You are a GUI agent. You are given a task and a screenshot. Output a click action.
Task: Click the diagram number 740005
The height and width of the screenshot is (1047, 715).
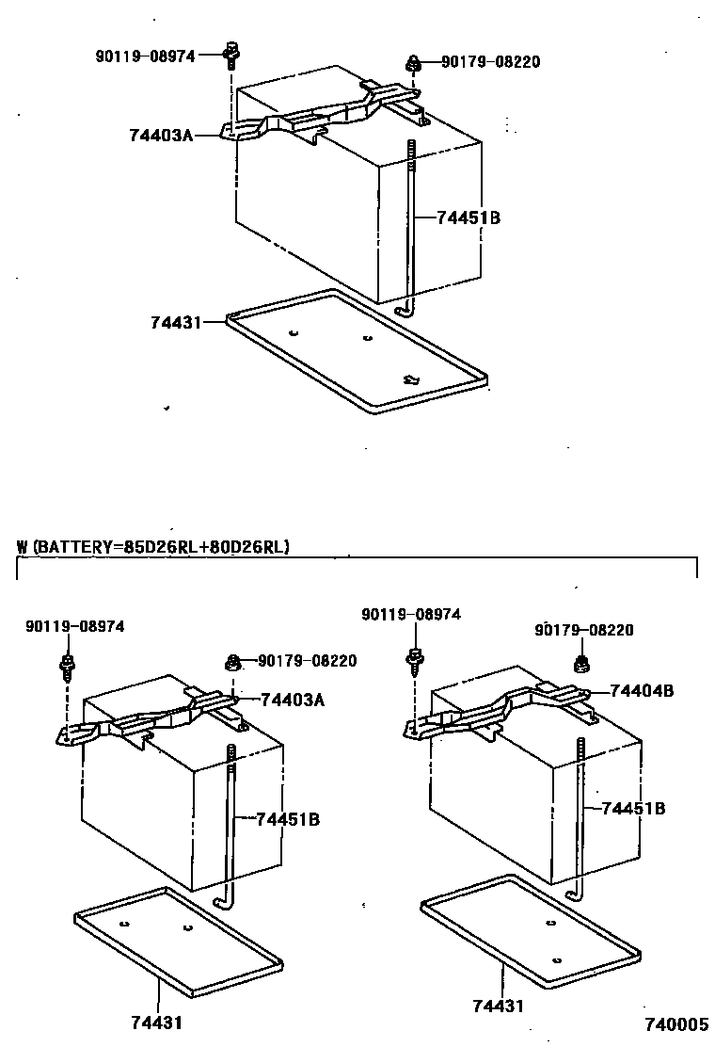(675, 1024)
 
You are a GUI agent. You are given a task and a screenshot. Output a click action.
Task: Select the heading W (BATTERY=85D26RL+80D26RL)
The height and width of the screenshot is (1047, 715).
(153, 546)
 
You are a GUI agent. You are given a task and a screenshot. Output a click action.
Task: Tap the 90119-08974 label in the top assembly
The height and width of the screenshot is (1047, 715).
(145, 56)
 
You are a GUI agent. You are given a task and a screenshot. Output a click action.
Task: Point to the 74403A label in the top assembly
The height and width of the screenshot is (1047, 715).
(161, 136)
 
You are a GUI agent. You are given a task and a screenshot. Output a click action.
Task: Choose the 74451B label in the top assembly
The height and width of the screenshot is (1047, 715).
(469, 218)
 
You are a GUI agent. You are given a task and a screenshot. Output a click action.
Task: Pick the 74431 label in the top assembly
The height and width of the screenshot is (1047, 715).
(176, 322)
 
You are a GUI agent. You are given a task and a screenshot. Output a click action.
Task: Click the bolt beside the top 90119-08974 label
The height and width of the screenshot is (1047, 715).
(229, 56)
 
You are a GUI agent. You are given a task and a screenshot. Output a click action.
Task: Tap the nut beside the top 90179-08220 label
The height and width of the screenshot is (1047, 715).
(413, 64)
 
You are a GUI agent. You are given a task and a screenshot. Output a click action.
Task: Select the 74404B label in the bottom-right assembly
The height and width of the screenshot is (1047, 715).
(642, 690)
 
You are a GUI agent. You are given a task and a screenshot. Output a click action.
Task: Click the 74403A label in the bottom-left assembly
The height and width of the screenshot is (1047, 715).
(292, 700)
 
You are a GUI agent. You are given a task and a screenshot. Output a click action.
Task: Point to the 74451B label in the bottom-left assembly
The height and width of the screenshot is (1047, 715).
(288, 819)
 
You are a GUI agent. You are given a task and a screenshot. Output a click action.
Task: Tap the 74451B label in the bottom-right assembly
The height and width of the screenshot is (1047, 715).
(633, 808)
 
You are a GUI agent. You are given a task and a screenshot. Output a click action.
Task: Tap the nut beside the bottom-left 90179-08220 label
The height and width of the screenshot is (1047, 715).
(232, 663)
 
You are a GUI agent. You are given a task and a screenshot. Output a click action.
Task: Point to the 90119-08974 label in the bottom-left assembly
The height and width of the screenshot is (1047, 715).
(74, 626)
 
